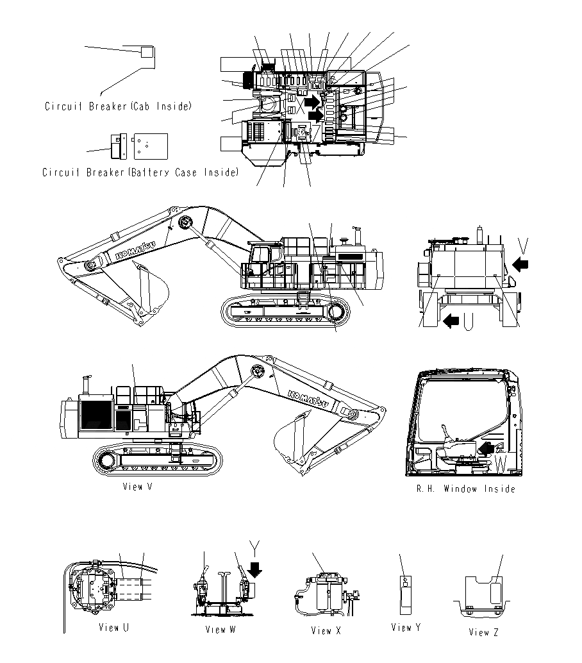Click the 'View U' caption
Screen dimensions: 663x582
click(113, 627)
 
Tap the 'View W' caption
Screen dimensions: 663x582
click(220, 629)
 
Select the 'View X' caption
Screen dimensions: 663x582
click(326, 630)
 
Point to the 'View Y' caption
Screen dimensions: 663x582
click(406, 627)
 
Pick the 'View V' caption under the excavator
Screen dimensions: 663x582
click(137, 487)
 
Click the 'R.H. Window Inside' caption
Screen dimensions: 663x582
click(465, 489)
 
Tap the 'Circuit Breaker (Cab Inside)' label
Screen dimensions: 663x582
click(118, 106)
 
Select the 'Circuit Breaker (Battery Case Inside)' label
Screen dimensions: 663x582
click(140, 172)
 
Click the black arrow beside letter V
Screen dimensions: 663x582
click(522, 264)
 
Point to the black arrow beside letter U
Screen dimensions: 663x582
click(451, 320)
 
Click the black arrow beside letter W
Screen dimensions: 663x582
click(488, 447)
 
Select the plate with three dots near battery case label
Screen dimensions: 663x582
click(150, 146)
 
